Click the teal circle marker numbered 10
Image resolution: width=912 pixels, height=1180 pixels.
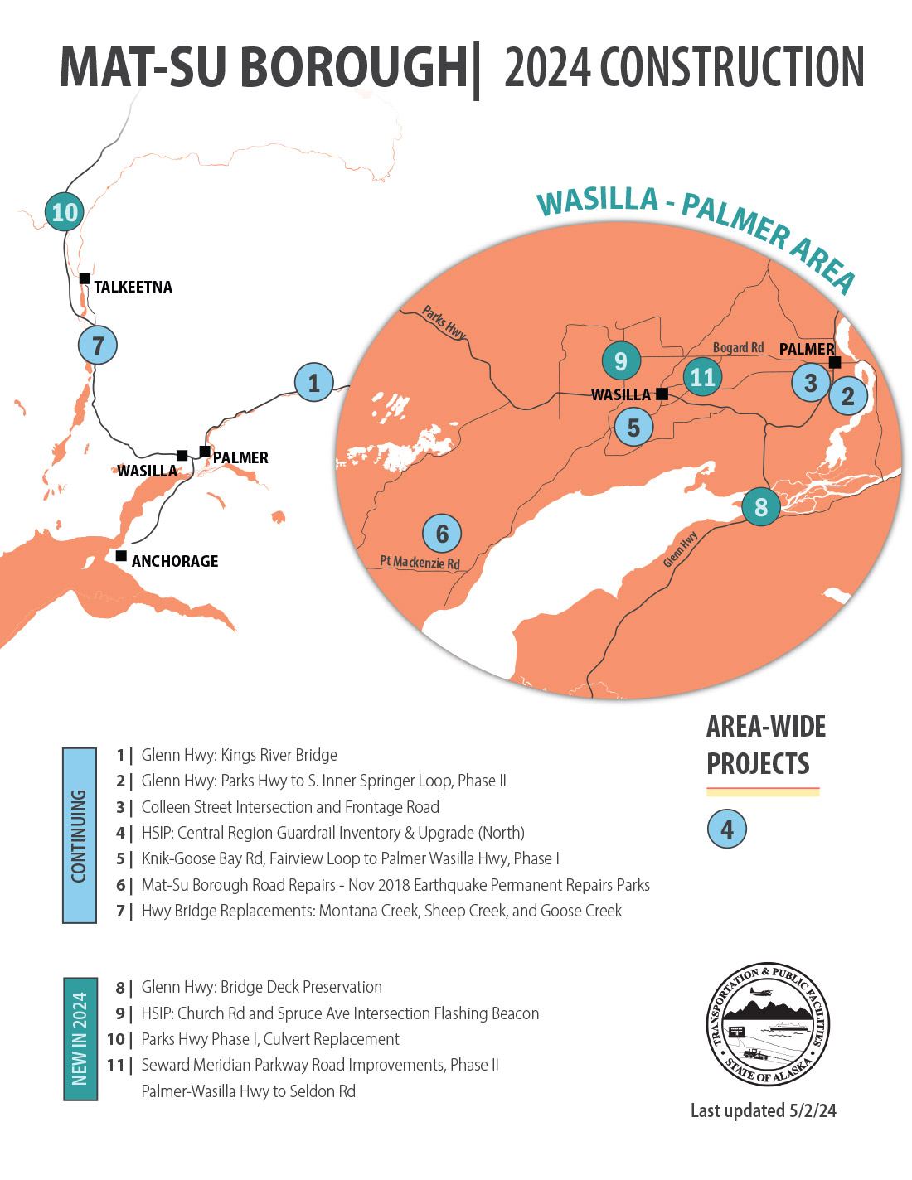point(65,212)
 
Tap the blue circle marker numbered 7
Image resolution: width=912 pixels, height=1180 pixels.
point(98,346)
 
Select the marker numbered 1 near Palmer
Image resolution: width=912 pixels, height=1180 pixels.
point(313,383)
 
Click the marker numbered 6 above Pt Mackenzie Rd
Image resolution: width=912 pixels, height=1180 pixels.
point(442,534)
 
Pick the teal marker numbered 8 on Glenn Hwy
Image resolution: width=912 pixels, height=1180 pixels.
point(760,506)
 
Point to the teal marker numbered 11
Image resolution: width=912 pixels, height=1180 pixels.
point(702,377)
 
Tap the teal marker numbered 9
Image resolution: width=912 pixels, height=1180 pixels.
point(621,360)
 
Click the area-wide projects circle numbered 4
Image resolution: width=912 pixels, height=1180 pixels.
point(727,829)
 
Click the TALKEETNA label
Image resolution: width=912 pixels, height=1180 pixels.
point(133,288)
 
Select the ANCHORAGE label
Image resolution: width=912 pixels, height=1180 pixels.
point(175,561)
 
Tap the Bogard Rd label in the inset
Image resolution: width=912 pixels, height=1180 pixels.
point(738,348)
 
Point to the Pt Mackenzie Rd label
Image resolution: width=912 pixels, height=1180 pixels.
point(420,563)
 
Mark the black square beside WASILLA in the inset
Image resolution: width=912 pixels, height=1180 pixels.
point(662,394)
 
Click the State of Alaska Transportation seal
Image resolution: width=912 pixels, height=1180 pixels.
point(768,1025)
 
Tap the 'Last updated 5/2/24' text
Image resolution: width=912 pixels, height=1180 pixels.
point(763,1110)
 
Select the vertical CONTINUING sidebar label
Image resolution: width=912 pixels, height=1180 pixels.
point(80,835)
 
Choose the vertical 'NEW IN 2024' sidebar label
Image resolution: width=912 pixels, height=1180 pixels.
point(80,1038)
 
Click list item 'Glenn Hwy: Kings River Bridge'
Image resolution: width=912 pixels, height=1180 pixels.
point(239,755)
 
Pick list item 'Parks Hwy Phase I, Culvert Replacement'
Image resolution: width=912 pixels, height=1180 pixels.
point(270,1039)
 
